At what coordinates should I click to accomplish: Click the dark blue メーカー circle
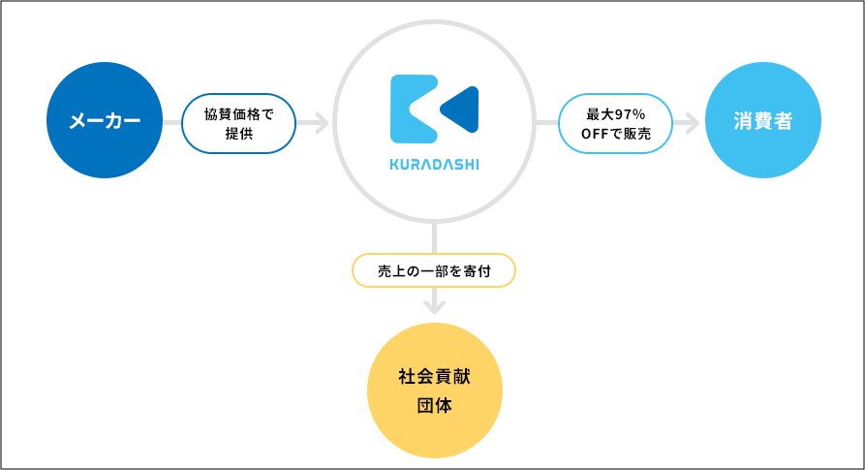pyautogui.click(x=105, y=120)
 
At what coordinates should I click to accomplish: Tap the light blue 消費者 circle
pyautogui.click(x=763, y=120)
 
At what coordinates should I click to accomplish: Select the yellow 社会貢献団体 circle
pyautogui.click(x=435, y=391)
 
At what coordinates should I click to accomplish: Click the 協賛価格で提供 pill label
pyautogui.click(x=239, y=124)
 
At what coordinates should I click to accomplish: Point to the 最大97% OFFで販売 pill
pyautogui.click(x=616, y=124)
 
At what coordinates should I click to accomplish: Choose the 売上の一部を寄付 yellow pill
pyautogui.click(x=434, y=270)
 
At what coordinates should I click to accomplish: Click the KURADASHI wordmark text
pyautogui.click(x=434, y=165)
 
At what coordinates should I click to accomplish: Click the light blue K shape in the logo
pyautogui.click(x=414, y=110)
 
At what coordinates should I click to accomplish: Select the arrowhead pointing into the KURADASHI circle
pyautogui.click(x=322, y=123)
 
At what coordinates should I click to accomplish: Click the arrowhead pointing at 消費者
pyautogui.click(x=692, y=123)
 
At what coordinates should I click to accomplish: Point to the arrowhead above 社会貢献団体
pyautogui.click(x=435, y=306)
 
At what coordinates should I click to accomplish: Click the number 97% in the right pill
pyautogui.click(x=630, y=114)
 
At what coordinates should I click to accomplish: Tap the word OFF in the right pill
pyautogui.click(x=595, y=134)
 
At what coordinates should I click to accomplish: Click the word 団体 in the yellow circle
pyautogui.click(x=435, y=405)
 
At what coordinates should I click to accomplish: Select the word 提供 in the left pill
pyautogui.click(x=239, y=134)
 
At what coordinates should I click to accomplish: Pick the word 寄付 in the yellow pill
pyautogui.click(x=478, y=271)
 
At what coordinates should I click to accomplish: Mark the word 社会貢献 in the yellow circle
pyautogui.click(x=435, y=377)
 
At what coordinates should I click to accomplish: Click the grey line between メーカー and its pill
pyautogui.click(x=172, y=123)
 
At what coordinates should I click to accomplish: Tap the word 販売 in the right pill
pyautogui.click(x=637, y=134)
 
